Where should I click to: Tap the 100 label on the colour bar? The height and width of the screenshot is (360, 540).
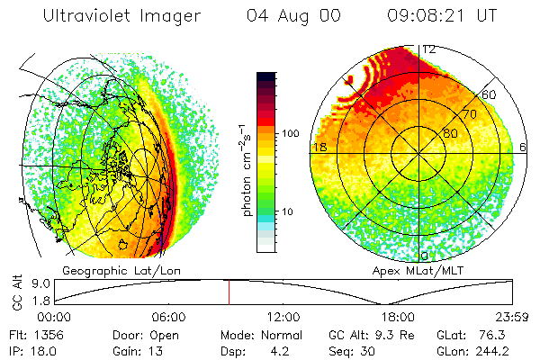click(290, 133)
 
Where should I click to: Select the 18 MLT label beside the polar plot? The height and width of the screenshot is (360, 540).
click(318, 147)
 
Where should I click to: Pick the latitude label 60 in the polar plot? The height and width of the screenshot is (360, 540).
click(490, 94)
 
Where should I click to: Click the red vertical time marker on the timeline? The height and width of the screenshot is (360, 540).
click(229, 292)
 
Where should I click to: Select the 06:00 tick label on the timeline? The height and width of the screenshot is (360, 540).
click(168, 317)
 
